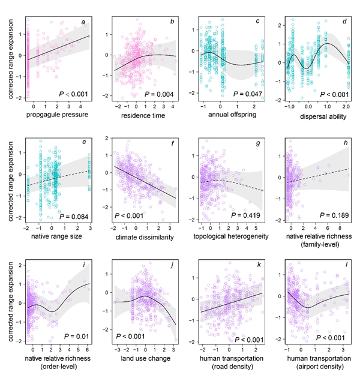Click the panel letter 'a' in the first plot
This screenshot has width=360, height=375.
point(84,23)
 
